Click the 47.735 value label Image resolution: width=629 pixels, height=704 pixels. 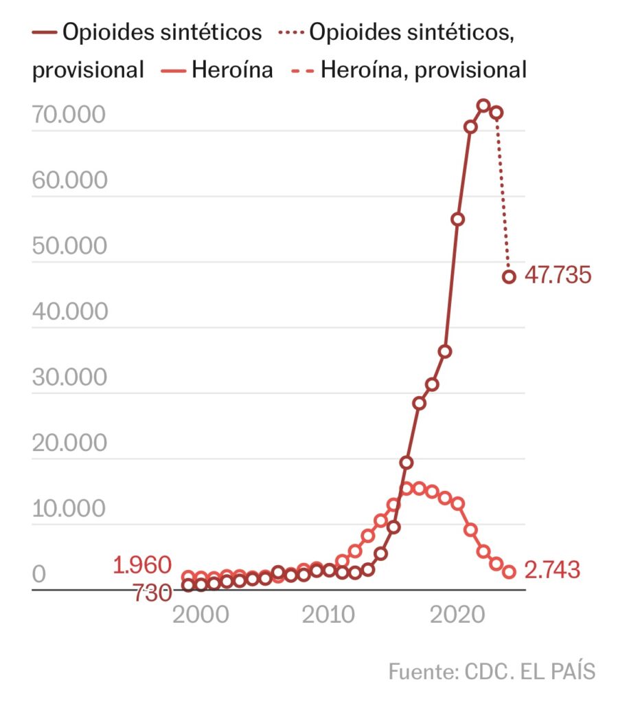click(x=557, y=276)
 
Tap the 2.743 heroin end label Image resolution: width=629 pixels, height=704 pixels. click(x=552, y=570)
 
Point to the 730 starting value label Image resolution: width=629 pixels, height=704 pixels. click(x=152, y=593)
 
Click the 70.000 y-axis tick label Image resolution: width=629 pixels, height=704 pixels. click(x=69, y=115)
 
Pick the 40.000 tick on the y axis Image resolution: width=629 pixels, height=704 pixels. click(x=69, y=311)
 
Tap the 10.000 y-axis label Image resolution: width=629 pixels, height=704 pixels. click(x=69, y=509)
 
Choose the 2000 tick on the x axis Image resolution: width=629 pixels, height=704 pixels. click(x=201, y=614)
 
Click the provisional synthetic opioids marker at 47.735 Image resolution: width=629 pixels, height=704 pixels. click(x=509, y=276)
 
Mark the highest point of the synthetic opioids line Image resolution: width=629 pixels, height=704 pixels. click(x=483, y=106)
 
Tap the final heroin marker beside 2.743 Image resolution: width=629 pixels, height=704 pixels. click(x=509, y=572)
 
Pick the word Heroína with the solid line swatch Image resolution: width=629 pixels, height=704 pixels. click(x=232, y=69)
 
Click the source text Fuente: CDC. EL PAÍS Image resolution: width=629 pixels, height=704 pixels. click(x=492, y=671)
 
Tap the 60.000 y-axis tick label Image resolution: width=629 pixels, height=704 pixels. click(x=69, y=180)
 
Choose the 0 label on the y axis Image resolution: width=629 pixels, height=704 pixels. click(x=39, y=574)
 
